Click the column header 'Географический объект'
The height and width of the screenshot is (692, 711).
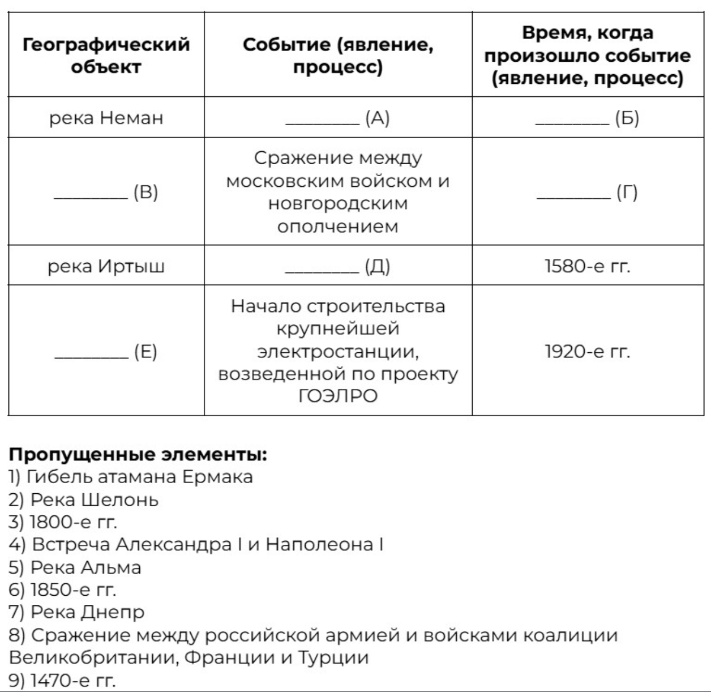click(106, 55)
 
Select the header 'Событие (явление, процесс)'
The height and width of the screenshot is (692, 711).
click(338, 55)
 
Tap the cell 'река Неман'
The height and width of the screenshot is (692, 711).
click(106, 118)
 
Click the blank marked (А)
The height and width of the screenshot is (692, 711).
click(337, 118)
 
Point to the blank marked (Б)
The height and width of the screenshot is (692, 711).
click(587, 118)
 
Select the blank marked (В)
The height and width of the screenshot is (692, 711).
click(106, 193)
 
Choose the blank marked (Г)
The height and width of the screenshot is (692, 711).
click(587, 193)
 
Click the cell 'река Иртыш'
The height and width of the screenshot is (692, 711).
click(106, 266)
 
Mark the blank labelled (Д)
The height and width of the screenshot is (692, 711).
click(337, 266)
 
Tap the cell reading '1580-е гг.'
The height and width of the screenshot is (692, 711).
click(587, 266)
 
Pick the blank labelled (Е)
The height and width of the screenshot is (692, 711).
click(106, 352)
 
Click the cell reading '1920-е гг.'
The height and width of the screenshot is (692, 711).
click(587, 352)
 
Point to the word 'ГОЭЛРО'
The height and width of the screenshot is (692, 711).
click(338, 396)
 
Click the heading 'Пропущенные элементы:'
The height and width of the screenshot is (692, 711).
click(138, 454)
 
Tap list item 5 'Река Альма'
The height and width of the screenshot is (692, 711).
click(75, 567)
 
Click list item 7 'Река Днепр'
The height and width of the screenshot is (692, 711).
click(76, 612)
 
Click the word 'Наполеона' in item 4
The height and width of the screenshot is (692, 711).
click(319, 544)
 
